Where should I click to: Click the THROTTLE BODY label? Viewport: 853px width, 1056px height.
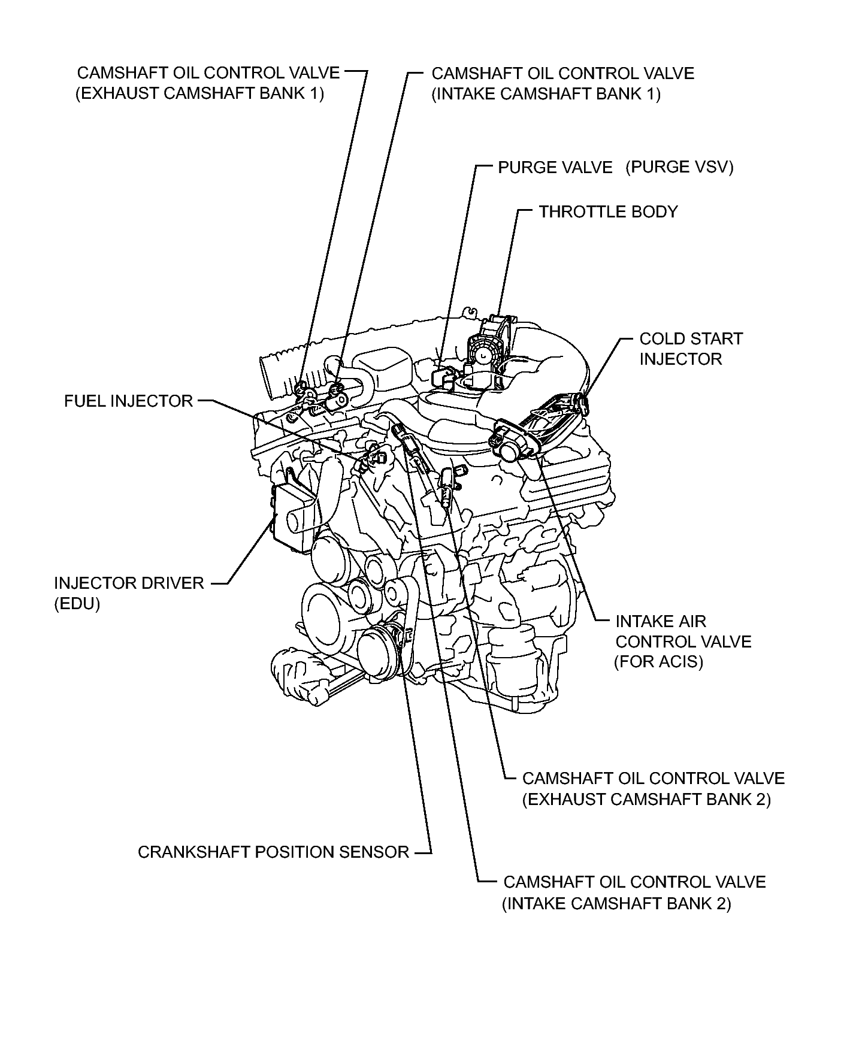point(607,212)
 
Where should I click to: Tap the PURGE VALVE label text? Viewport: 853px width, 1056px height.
point(555,168)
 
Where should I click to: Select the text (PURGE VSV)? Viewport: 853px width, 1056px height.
point(679,167)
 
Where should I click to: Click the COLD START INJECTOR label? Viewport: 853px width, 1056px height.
point(690,349)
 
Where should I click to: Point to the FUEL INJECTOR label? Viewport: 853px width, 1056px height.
point(128,401)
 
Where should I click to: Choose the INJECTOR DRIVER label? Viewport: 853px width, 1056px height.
point(129,583)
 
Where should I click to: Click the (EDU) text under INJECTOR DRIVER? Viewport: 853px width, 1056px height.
point(77,604)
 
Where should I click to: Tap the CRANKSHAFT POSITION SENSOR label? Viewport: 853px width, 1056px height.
point(273,852)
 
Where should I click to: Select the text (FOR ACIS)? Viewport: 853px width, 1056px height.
point(658,662)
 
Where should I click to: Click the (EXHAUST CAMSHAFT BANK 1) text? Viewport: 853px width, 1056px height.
point(199,94)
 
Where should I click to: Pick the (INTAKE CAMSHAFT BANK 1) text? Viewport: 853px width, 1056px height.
point(546,94)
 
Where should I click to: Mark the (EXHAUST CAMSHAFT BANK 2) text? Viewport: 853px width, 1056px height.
point(646,800)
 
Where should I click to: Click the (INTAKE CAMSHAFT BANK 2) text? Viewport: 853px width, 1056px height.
point(616,903)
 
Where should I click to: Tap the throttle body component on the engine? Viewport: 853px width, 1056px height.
point(488,347)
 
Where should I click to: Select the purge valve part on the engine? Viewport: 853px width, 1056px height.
point(441,376)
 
